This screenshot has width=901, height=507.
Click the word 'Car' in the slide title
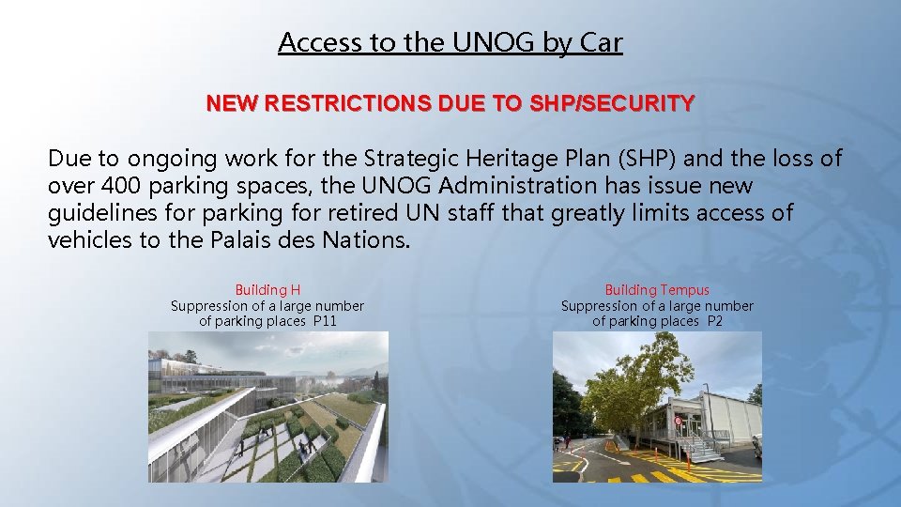(x=599, y=42)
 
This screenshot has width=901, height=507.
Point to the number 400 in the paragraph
(x=111, y=187)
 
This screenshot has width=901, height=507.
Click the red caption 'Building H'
(x=267, y=290)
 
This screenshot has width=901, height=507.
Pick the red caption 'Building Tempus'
(x=657, y=290)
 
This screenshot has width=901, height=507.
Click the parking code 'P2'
(x=714, y=321)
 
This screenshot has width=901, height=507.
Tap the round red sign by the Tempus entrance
(x=678, y=422)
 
